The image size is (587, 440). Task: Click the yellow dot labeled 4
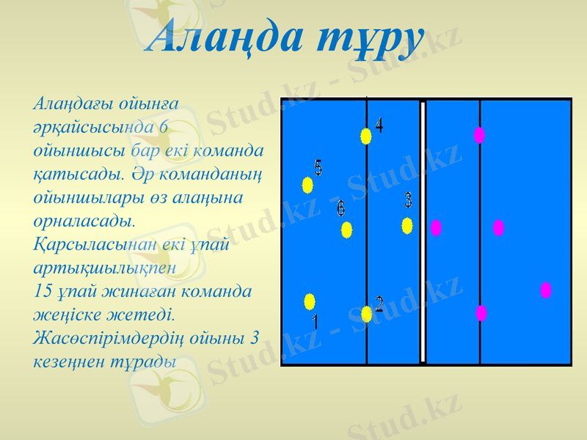coord(366,136)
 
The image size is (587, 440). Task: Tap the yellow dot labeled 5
coord(307,185)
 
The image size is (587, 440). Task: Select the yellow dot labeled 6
coord(346,230)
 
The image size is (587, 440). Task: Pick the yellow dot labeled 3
coord(407,226)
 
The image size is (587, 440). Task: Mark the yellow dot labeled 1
coord(310,301)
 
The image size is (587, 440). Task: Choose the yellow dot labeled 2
coord(367,314)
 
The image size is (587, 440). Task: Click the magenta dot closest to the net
coord(436,227)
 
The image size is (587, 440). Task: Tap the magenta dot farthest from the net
coord(546,290)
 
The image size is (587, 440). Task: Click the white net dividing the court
coord(423,231)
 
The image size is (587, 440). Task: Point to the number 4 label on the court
coord(379,125)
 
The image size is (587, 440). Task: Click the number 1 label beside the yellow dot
coord(315,322)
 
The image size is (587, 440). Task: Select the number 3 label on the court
coord(408,199)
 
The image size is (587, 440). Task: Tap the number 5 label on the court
coord(318,167)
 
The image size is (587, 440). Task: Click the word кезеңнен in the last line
coord(66,362)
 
